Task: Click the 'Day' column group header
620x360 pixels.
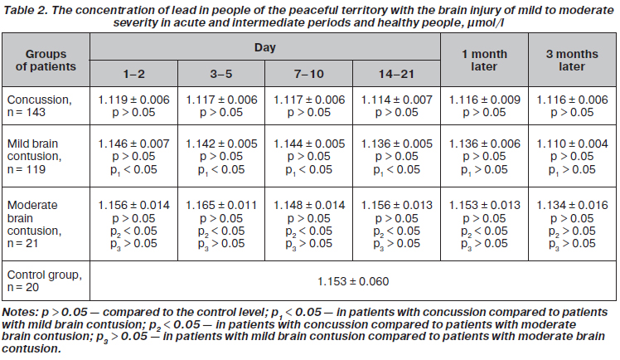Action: pyautogui.click(x=265, y=47)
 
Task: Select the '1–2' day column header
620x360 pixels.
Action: pyautogui.click(x=133, y=74)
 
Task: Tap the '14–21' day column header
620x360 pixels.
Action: pyautogui.click(x=396, y=74)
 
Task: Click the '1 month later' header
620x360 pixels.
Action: pyautogui.click(x=484, y=60)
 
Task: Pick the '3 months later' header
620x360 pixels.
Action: pyautogui.click(x=572, y=60)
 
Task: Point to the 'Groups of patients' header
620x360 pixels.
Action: pyautogui.click(x=46, y=60)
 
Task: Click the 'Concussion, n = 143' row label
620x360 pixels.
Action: pyautogui.click(x=40, y=105)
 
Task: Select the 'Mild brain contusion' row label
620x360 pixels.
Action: pyautogui.click(x=35, y=156)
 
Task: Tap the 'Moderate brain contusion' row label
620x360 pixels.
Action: pyautogui.click(x=35, y=224)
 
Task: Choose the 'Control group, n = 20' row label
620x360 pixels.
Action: pyautogui.click(x=45, y=281)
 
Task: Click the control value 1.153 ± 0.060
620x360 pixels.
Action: pyautogui.click(x=353, y=281)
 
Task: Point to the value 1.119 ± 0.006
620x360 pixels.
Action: pyautogui.click(x=133, y=100)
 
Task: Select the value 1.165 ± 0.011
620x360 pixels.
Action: pyautogui.click(x=221, y=205)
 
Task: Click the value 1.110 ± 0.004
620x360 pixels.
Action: pyautogui.click(x=572, y=144)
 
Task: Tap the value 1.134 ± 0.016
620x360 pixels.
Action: pyautogui.click(x=572, y=205)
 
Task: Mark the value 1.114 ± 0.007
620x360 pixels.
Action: pyautogui.click(x=396, y=100)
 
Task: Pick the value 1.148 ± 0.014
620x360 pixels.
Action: pyautogui.click(x=309, y=205)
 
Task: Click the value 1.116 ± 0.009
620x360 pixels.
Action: pyautogui.click(x=484, y=100)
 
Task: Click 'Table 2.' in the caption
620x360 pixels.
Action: pyautogui.click(x=26, y=10)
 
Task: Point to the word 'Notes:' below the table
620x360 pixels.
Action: pyautogui.click(x=20, y=312)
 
